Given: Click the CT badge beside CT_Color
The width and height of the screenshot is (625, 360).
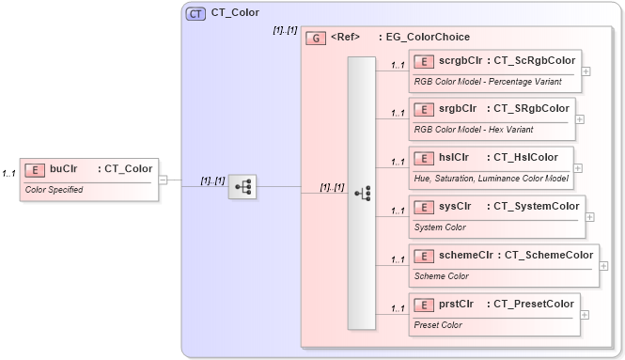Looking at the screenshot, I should (195, 13).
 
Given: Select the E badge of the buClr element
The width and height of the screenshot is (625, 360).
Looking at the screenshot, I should (35, 169).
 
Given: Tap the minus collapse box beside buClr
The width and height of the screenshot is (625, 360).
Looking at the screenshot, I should (164, 179).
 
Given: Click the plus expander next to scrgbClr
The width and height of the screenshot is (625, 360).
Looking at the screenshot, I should (586, 70).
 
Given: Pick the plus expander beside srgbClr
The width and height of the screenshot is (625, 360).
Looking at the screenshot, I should (579, 119).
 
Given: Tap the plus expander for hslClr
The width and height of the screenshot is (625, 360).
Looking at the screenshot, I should (578, 168).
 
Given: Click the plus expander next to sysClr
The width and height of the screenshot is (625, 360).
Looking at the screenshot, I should (589, 217).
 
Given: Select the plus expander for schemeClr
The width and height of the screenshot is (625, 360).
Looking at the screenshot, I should (602, 266).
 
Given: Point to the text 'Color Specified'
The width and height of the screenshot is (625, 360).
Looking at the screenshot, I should (54, 189).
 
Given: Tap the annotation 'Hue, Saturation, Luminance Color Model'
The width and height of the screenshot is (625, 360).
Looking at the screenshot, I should (491, 178).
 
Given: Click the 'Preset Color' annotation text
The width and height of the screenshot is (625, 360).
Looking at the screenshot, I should (438, 324).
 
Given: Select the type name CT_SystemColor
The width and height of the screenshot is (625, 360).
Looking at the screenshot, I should (533, 206).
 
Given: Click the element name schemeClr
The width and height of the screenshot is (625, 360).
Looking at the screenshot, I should (466, 255).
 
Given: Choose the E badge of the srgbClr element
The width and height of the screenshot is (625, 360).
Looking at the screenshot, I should (424, 109).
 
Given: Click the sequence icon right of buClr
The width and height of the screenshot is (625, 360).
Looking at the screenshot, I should (242, 187).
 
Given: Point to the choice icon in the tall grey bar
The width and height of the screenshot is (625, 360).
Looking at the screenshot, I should (362, 194).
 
